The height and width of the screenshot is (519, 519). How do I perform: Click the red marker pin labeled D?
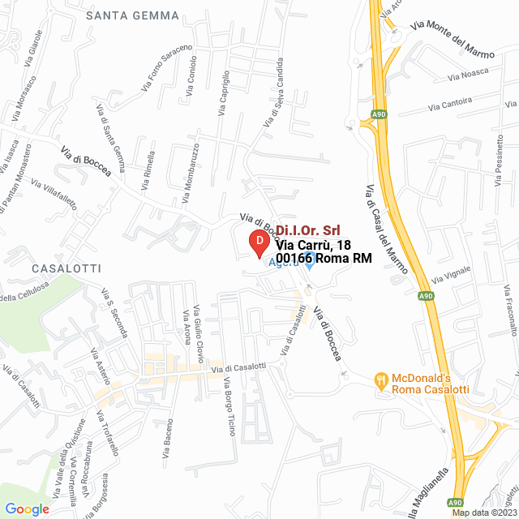click(x=258, y=242)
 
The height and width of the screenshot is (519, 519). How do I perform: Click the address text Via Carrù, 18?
click(x=313, y=245)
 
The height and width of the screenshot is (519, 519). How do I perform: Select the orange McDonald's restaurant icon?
click(x=380, y=379)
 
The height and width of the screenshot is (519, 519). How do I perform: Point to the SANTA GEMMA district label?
click(x=122, y=15)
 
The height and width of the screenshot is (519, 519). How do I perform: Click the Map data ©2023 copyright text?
click(x=484, y=513)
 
